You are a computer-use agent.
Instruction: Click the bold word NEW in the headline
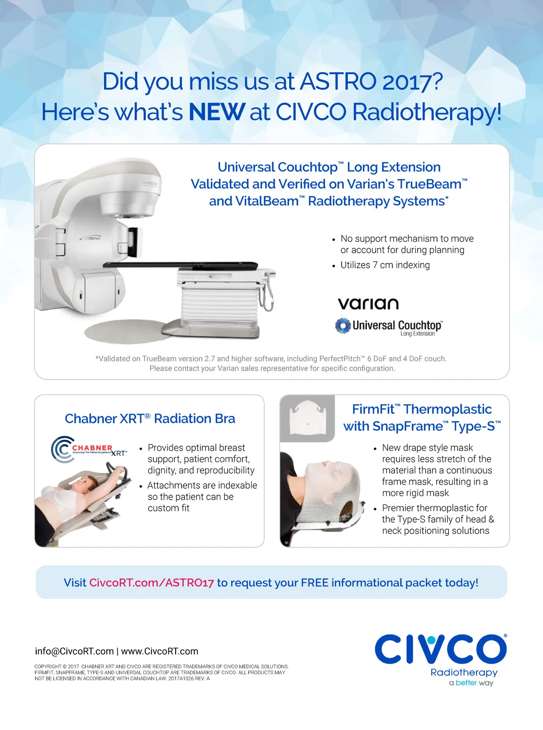(x=217, y=112)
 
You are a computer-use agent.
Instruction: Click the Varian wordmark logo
(x=368, y=304)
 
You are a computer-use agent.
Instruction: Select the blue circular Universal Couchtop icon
(x=343, y=325)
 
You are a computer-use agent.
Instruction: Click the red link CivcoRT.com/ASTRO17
(x=152, y=582)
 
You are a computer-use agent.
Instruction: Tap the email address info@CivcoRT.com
(x=74, y=651)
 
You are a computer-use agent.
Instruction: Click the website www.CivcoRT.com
(x=160, y=651)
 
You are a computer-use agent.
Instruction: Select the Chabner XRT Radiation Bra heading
(x=150, y=419)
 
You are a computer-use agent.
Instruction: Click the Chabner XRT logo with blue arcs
(x=89, y=449)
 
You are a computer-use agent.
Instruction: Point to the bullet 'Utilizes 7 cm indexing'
(x=385, y=265)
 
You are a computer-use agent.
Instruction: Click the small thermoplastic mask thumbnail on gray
(x=307, y=418)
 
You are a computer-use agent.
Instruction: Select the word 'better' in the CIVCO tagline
(x=466, y=682)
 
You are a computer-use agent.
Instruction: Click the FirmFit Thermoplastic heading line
(x=422, y=409)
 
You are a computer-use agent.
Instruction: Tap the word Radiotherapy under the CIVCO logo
(x=464, y=673)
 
